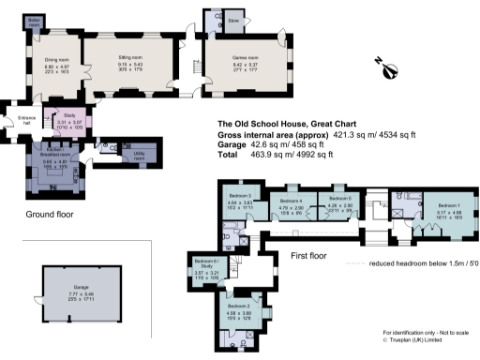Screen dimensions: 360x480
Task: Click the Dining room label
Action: (x=56, y=59)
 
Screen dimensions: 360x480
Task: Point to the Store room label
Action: (x=233, y=19)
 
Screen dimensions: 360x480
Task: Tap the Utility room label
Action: (x=138, y=157)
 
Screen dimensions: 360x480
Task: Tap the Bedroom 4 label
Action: (x=291, y=201)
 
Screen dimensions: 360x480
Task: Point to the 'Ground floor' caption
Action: (x=51, y=214)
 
